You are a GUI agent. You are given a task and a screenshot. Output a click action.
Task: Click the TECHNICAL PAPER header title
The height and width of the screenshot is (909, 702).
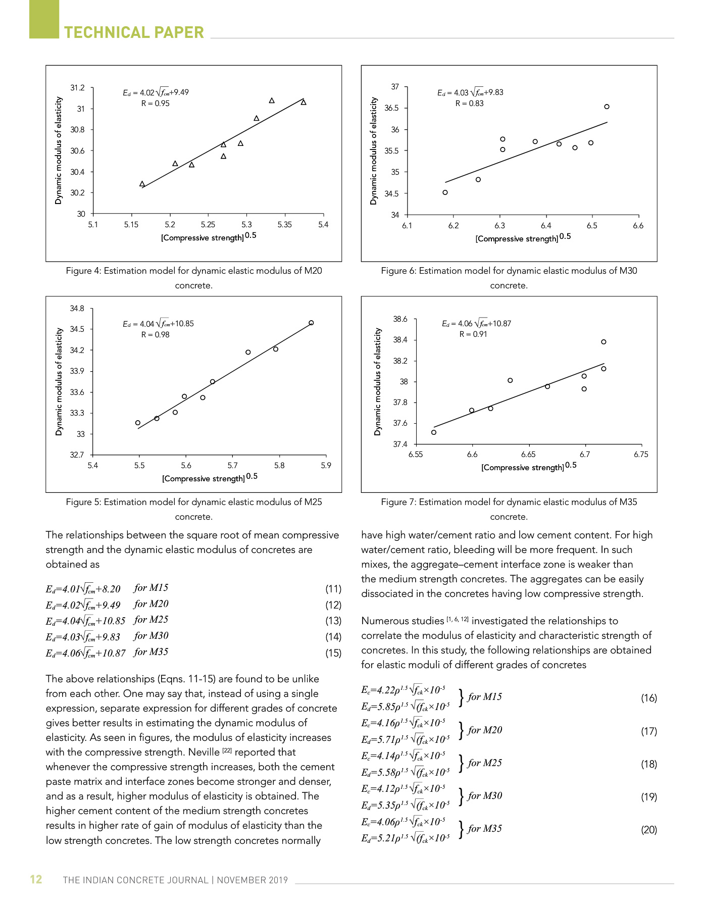click(x=134, y=32)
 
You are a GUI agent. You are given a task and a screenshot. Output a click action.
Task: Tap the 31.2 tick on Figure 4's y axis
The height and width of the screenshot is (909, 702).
click(x=77, y=88)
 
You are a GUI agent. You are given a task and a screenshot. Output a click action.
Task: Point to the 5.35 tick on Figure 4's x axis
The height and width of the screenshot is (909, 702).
click(x=285, y=225)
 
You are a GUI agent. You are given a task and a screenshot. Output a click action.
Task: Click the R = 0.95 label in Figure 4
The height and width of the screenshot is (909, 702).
click(x=156, y=104)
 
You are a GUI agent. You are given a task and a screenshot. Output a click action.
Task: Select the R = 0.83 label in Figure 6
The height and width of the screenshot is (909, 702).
click(x=470, y=104)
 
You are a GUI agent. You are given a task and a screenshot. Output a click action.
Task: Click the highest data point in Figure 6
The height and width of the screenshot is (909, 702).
click(x=607, y=107)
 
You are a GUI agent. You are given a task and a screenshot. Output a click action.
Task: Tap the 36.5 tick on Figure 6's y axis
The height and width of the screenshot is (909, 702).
click(x=391, y=108)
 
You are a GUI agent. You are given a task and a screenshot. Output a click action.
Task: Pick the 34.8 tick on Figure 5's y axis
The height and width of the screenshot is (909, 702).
click(x=77, y=309)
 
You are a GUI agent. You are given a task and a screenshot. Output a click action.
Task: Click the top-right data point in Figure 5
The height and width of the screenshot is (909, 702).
click(x=311, y=323)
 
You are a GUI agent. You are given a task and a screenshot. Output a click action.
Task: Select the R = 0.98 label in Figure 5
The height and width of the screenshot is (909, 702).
click(x=156, y=335)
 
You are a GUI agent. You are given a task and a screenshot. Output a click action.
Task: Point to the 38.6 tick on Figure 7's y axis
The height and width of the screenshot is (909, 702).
click(x=400, y=319)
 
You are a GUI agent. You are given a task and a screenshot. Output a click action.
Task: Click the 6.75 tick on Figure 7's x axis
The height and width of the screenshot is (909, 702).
click(x=641, y=454)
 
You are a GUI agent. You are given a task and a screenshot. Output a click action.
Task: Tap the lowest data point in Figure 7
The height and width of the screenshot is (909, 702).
click(x=434, y=432)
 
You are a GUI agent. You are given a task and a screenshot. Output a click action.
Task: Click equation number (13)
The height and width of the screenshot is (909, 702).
click(x=333, y=621)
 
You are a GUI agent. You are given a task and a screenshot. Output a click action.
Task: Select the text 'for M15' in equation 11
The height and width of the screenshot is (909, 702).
click(x=151, y=588)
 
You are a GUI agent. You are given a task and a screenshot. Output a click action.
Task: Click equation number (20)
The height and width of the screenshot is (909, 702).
click(x=649, y=829)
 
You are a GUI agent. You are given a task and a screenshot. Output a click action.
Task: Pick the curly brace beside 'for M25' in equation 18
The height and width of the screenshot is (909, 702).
click(x=461, y=763)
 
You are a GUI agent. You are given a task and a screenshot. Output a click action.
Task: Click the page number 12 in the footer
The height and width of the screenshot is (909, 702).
click(x=36, y=879)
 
